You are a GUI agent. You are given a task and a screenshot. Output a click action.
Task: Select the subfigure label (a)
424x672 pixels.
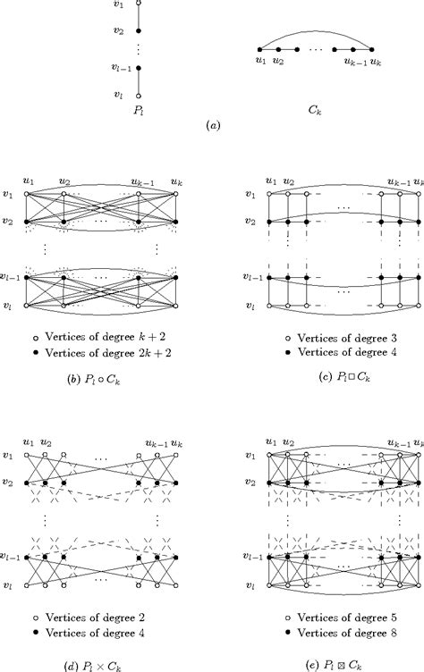coord(213,127)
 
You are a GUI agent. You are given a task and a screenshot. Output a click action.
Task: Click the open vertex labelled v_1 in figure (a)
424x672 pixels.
coord(139,4)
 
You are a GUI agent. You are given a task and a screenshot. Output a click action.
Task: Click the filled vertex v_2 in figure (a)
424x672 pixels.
coord(139,30)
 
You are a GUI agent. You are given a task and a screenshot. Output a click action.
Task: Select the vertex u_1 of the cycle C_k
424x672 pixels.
coord(260,50)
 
